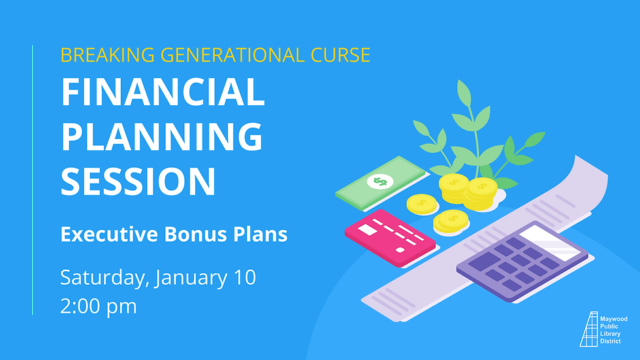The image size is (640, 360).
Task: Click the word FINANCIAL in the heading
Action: (163, 93)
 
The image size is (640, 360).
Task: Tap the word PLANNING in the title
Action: (163, 137)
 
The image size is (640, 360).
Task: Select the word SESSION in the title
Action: (138, 181)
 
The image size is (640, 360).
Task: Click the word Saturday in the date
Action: (104, 278)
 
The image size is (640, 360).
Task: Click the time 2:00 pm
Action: (99, 306)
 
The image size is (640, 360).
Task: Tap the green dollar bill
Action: (379, 184)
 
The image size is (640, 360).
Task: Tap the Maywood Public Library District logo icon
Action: (589, 329)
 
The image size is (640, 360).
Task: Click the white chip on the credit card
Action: (367, 229)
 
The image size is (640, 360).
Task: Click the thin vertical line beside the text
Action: (32, 180)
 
